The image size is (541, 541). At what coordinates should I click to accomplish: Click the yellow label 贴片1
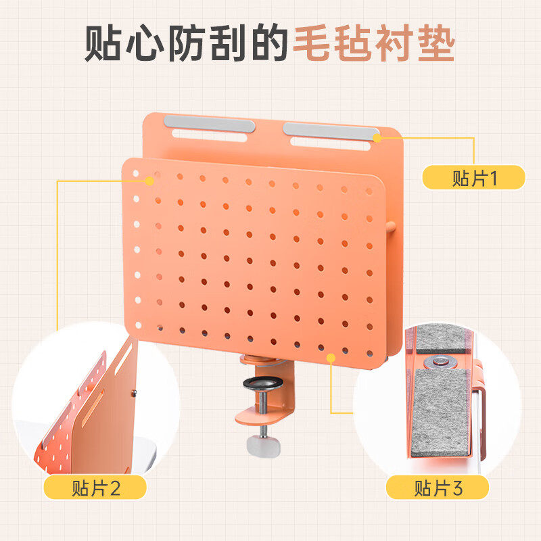click(474, 177)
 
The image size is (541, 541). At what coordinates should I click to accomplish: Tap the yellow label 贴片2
click(95, 487)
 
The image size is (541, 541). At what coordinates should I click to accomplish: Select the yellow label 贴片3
click(438, 487)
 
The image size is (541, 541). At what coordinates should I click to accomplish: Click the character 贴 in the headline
click(103, 43)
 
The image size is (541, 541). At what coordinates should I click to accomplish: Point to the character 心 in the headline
click(145, 43)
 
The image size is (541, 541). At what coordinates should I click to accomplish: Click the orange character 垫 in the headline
click(436, 43)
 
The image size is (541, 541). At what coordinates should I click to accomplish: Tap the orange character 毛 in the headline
click(312, 43)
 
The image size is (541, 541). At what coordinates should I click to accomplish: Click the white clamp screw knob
click(264, 446)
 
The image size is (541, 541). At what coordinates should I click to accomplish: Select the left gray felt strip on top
click(210, 123)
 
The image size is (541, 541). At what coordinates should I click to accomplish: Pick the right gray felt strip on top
click(331, 131)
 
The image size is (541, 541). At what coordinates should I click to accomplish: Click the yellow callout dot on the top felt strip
click(377, 138)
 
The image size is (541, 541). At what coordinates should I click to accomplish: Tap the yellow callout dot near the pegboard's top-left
click(149, 181)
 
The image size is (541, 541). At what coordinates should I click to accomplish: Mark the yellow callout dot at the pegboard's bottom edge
click(331, 358)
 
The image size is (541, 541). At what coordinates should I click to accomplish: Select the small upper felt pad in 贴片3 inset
click(441, 339)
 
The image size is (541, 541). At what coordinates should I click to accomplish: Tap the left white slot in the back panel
click(210, 135)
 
